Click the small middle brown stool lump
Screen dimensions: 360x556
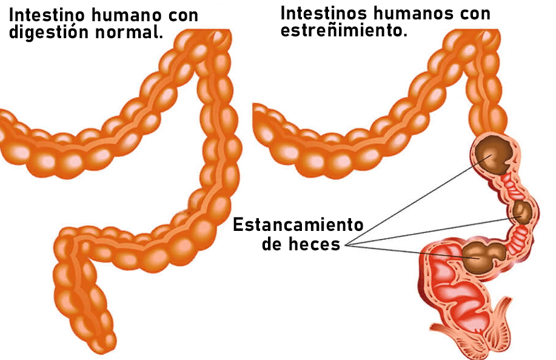coord(521,212)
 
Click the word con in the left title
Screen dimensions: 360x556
coord(181,15)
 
